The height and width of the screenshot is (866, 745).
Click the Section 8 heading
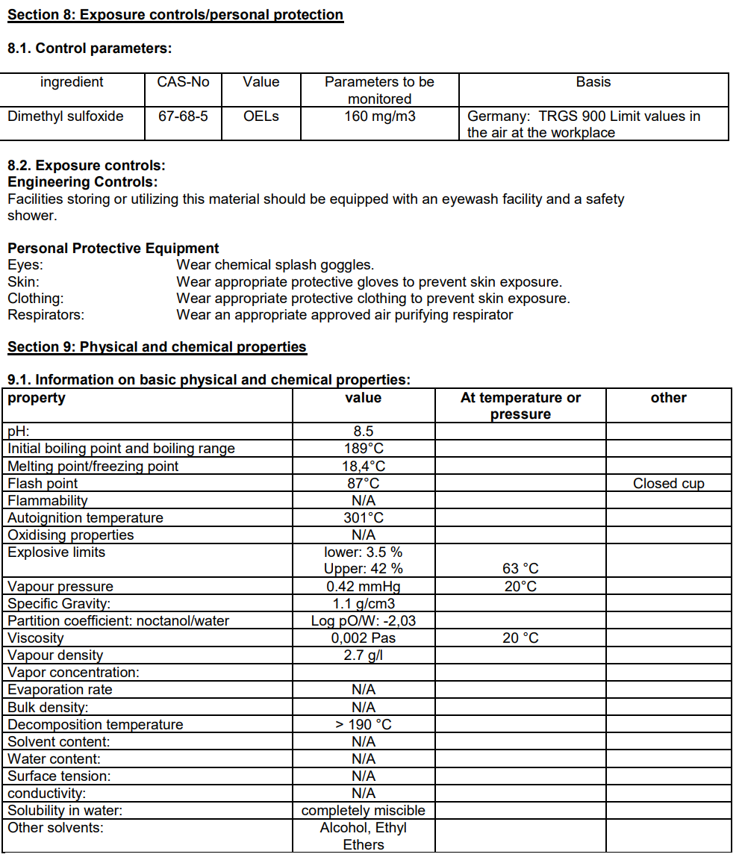coord(175,15)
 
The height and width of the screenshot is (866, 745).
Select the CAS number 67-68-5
coord(183,116)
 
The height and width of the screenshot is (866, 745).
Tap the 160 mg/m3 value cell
coord(380,116)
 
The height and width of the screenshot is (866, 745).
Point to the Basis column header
coord(593,82)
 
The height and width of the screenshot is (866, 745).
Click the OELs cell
coord(261,116)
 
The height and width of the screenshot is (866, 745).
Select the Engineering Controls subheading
coord(83,182)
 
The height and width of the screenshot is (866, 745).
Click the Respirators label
coord(46,315)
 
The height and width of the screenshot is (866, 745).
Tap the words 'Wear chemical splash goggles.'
coord(275,265)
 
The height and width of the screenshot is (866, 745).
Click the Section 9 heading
coord(157,347)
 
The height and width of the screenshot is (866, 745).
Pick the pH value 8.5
coord(364,432)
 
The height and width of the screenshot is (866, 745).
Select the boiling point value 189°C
coord(364,449)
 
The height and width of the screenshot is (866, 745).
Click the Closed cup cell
coord(669,484)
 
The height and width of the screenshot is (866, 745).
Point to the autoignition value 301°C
coord(364,518)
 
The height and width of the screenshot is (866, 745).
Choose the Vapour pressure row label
coord(60,587)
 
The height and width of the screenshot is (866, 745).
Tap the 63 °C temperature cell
coord(520,570)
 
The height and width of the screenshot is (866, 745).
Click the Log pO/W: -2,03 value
coord(364,621)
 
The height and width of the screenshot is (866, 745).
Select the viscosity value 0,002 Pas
coord(364,638)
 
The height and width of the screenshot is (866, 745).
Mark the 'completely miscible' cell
coord(364,811)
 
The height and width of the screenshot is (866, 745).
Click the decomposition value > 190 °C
coord(364,725)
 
